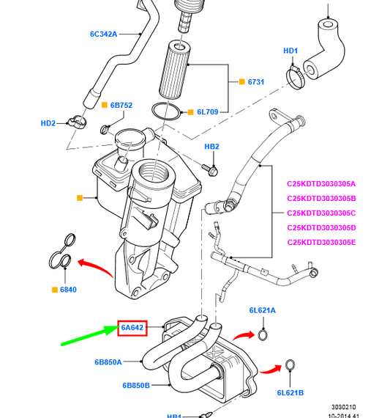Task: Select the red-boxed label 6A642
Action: (x=133, y=328)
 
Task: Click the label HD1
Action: (x=290, y=51)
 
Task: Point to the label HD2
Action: (x=48, y=123)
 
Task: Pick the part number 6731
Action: (x=255, y=82)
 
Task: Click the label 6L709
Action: (x=208, y=112)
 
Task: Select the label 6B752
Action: (x=121, y=106)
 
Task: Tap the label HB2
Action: (x=211, y=147)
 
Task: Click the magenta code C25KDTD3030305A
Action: (x=321, y=183)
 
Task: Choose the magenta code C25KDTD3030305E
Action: (x=321, y=242)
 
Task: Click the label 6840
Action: (x=68, y=290)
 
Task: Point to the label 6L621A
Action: (x=262, y=310)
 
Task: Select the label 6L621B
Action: (x=290, y=393)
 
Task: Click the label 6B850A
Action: (x=108, y=362)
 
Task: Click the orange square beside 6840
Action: (x=54, y=290)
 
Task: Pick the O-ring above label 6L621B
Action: (x=290, y=365)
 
